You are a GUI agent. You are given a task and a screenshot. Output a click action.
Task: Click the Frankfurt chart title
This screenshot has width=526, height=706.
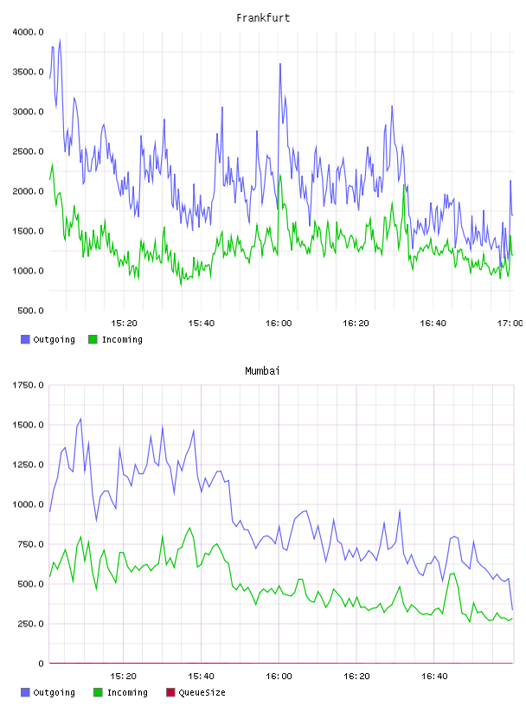tap(263, 18)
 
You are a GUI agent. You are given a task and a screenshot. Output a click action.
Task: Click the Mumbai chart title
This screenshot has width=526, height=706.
tap(262, 371)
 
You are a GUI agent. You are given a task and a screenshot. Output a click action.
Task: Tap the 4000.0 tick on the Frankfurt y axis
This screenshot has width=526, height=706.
tap(29, 32)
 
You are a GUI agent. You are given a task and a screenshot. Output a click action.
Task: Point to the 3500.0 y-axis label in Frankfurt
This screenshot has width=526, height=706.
tap(29, 72)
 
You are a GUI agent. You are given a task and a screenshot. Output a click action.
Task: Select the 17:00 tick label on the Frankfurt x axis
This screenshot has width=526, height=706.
tap(510, 323)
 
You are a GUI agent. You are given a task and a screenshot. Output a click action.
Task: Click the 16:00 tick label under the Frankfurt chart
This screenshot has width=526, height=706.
tap(279, 323)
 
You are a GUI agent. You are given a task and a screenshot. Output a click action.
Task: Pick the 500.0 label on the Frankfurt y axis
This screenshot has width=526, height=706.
tap(30, 311)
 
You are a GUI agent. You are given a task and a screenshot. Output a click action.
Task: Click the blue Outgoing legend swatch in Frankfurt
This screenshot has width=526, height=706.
tap(25, 339)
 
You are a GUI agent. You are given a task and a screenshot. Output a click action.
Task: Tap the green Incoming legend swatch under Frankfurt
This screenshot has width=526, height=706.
tap(93, 339)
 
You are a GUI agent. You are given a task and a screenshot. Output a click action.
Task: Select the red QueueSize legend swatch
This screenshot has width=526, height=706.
tap(170, 692)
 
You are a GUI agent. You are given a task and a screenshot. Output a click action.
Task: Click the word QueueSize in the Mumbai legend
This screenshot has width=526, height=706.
tap(202, 692)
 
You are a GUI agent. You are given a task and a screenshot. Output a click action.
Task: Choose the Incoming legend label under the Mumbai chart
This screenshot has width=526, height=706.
tap(127, 692)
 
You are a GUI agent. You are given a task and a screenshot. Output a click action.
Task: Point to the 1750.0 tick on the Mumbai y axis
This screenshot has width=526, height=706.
tap(29, 385)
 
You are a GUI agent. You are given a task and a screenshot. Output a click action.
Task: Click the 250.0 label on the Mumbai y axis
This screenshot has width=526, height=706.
tap(30, 624)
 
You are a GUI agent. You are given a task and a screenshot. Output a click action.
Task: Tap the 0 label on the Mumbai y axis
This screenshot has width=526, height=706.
tap(41, 664)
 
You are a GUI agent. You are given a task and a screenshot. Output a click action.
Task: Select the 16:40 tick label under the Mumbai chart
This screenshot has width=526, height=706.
tap(434, 676)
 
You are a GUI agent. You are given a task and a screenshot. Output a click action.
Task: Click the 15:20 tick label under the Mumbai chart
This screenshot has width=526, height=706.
tap(124, 676)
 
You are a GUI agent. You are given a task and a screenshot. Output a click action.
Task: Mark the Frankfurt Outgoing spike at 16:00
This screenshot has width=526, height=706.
tap(280, 63)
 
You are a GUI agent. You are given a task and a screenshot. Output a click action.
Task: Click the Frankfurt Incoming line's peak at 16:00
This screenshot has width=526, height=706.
tap(279, 175)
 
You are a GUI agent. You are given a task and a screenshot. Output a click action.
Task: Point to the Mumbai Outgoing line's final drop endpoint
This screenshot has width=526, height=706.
tap(512, 610)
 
